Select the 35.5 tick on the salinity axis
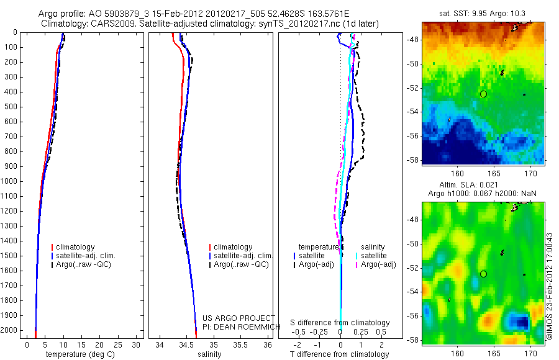(x=241, y=344)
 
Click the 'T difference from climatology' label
(x=339, y=354)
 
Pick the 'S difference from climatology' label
(x=340, y=323)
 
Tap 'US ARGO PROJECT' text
(x=238, y=318)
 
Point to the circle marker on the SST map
(x=483, y=94)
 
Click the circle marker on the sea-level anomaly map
(x=483, y=274)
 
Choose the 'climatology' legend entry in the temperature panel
(x=84, y=247)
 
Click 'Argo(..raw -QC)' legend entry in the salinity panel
(x=241, y=264)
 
